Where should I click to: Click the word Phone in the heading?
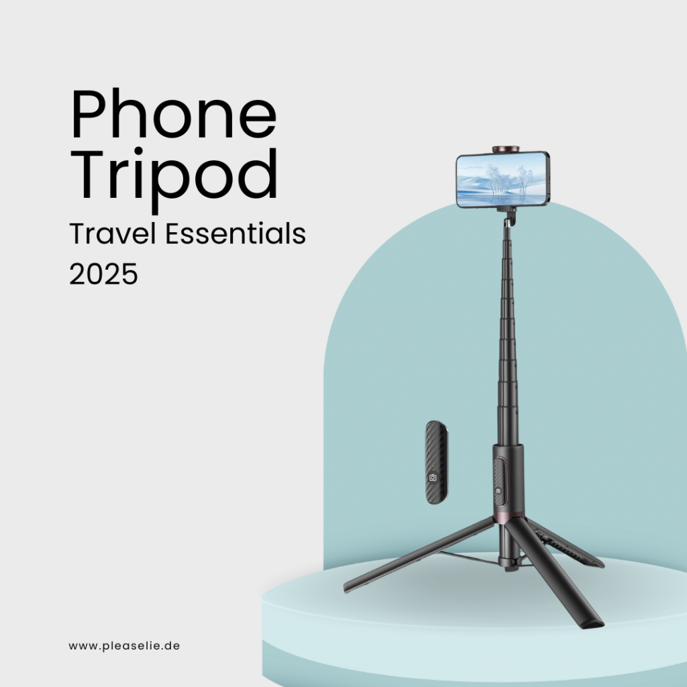(173, 117)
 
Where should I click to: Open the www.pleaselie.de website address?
(124, 646)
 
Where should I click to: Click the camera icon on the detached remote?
(433, 477)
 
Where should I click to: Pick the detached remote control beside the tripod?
(436, 463)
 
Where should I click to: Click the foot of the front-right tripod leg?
(594, 623)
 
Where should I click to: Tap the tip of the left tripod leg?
(348, 588)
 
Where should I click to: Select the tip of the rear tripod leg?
(597, 562)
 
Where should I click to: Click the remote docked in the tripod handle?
(499, 487)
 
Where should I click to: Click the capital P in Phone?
(90, 117)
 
